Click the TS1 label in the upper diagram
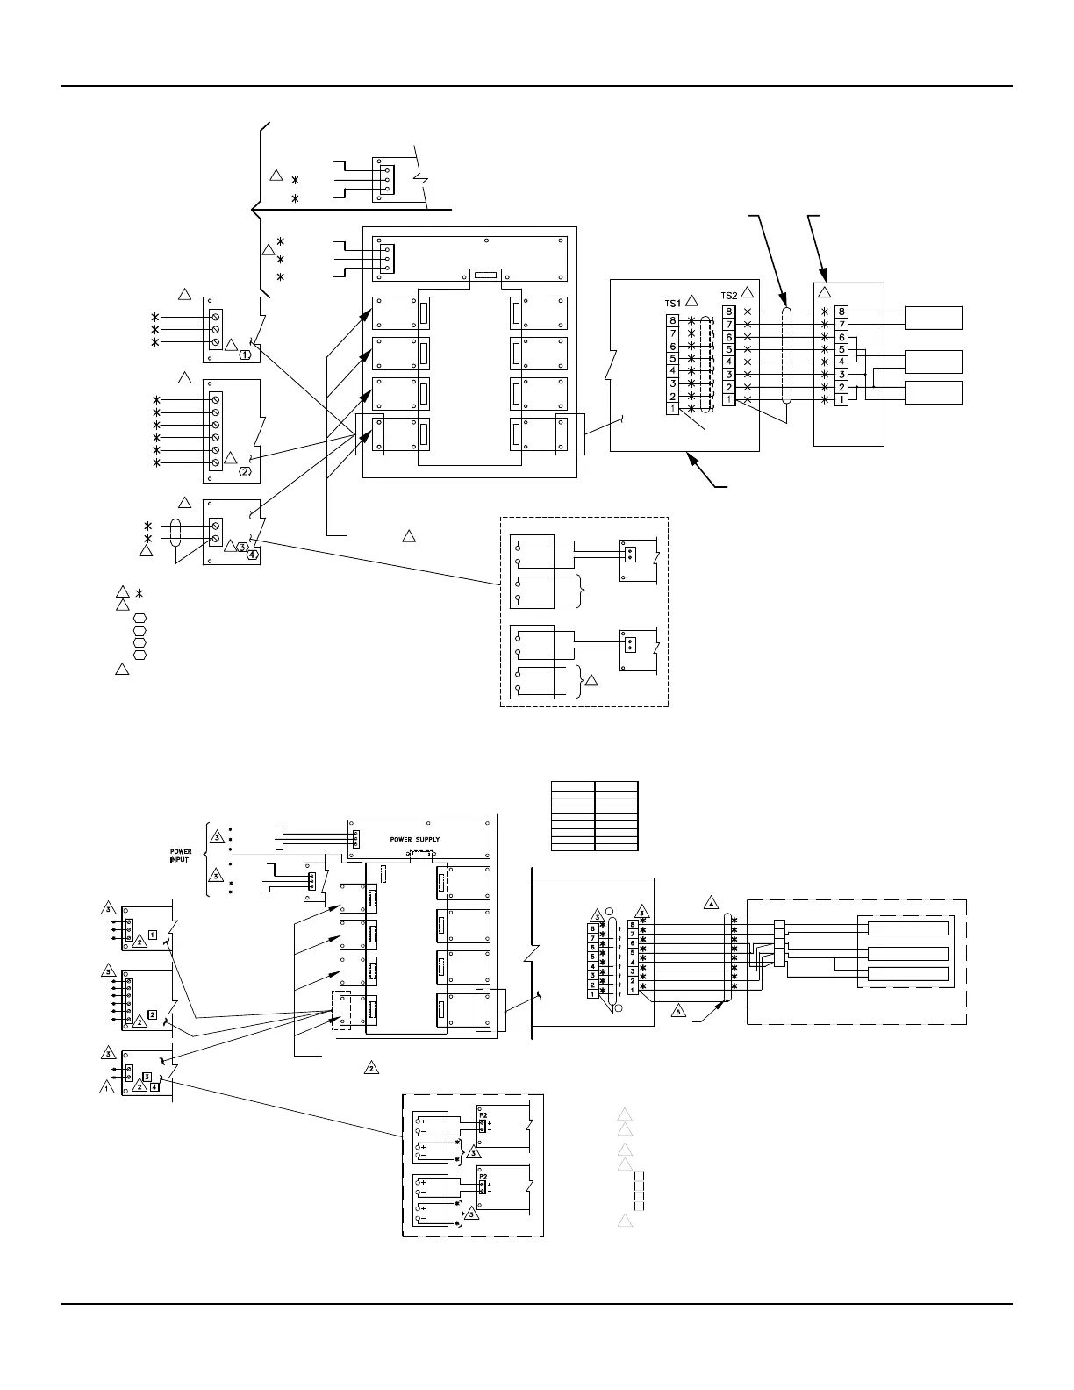(x=673, y=303)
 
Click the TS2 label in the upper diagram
(x=729, y=296)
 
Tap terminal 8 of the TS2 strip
(x=728, y=312)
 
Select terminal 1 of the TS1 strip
(x=673, y=408)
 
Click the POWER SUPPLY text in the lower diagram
(x=415, y=839)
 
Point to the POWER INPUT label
(x=181, y=855)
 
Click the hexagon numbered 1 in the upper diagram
(x=247, y=355)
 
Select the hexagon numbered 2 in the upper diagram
(x=246, y=472)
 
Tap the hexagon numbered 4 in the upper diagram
(x=253, y=555)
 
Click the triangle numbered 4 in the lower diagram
(x=712, y=901)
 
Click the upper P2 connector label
(x=483, y=1115)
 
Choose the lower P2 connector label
(x=483, y=1177)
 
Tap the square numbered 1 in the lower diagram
(x=153, y=935)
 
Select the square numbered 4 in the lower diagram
(x=155, y=1086)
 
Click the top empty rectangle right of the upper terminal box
(x=934, y=318)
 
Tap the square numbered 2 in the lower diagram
(x=153, y=1014)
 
